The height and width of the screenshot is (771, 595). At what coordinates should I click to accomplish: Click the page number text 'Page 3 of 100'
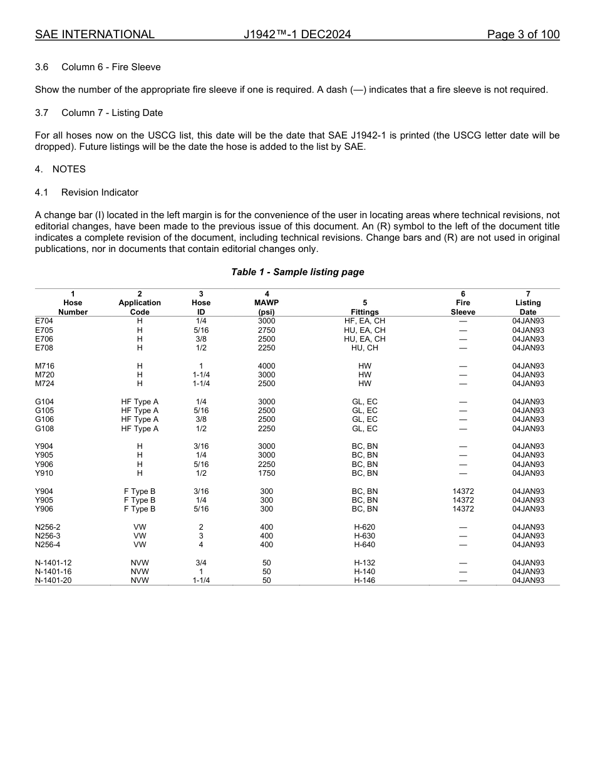tap(523, 34)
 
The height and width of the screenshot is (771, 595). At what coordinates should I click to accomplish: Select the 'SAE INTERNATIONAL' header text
tap(95, 34)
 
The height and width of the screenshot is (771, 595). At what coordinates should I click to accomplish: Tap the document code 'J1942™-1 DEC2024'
tap(297, 34)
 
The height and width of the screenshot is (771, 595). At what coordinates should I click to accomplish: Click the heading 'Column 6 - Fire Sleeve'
tap(111, 67)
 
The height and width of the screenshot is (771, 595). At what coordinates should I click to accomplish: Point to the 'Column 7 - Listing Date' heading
tap(112, 113)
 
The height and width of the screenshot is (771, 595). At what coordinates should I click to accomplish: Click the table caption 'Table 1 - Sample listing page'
tap(297, 272)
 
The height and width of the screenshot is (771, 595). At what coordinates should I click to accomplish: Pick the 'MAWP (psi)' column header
tap(267, 303)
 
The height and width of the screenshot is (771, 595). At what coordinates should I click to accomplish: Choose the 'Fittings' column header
tap(365, 312)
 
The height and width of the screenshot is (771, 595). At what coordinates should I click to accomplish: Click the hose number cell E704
tap(44, 321)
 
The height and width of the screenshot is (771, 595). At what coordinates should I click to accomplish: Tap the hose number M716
tap(44, 366)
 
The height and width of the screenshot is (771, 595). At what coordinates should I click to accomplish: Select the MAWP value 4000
tap(267, 366)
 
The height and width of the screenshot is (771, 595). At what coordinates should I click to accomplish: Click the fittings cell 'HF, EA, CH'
tap(365, 321)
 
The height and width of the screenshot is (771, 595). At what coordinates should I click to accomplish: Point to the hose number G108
tap(44, 429)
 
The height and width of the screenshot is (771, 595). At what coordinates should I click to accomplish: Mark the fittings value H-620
tap(365, 527)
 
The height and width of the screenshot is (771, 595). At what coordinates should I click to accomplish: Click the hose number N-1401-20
tap(53, 580)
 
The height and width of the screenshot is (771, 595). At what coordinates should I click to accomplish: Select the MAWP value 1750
tap(267, 473)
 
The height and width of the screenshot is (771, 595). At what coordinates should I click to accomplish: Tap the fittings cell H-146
tap(365, 580)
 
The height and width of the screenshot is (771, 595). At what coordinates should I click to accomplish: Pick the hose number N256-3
tap(48, 536)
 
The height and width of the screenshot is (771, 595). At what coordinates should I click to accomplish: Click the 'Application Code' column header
tap(140, 303)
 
